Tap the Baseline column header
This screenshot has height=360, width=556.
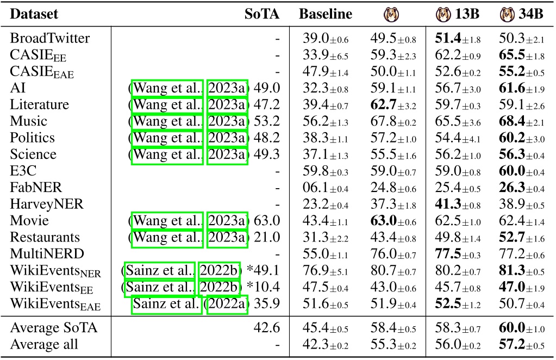[x=325, y=14]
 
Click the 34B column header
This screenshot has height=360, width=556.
[x=522, y=14]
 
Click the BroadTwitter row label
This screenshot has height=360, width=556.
[x=50, y=39]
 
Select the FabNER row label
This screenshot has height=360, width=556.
[x=36, y=188]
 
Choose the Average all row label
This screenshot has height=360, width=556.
[x=43, y=344]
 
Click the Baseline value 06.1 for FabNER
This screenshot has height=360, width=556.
[x=314, y=188]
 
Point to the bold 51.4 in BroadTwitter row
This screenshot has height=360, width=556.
[x=447, y=39]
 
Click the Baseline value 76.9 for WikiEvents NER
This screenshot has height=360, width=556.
[x=314, y=270]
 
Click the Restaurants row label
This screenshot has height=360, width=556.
[x=45, y=237]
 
